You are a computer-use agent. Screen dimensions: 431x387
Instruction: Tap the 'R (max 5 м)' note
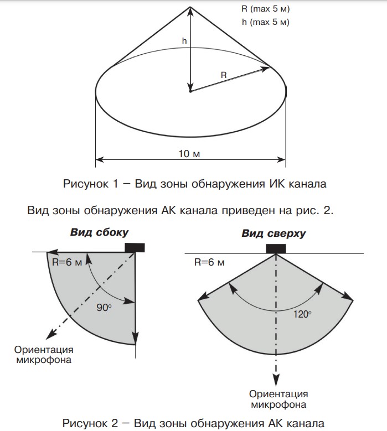tap(266, 9)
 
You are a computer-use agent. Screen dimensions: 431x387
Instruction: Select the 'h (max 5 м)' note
tap(266, 22)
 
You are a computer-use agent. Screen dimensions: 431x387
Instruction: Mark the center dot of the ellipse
tap(190, 91)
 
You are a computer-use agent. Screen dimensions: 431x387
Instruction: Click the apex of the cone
tap(190, 7)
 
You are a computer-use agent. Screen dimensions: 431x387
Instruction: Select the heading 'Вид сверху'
tap(274, 233)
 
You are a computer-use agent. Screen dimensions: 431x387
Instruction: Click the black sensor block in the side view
tap(135, 247)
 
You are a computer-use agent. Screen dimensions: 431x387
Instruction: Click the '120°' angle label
tap(302, 314)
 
